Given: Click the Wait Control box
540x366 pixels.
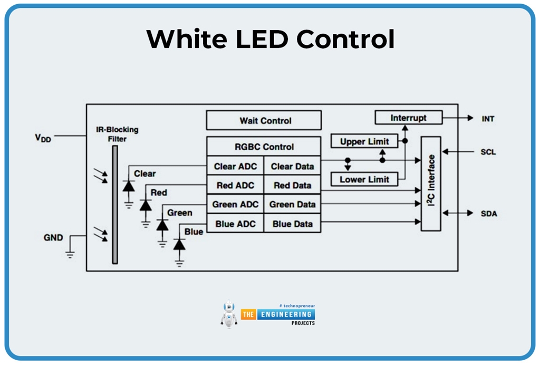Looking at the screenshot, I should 264,120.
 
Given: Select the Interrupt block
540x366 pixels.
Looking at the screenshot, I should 408,118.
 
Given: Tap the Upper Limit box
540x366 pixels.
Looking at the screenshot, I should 364,141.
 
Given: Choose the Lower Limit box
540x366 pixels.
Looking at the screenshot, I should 364,179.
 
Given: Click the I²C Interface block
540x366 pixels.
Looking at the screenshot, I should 431,183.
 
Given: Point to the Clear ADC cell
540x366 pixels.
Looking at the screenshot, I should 235,166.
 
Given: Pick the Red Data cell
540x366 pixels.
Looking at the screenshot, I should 292,185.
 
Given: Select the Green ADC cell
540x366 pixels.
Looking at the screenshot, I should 235,204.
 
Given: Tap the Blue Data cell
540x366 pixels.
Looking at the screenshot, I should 292,224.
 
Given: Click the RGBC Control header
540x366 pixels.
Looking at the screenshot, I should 264,147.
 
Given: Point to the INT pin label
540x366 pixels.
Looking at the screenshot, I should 488,119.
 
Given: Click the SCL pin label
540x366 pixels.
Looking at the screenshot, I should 488,152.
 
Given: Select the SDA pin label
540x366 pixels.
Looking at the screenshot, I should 488,214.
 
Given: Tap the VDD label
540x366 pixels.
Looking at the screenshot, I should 43,138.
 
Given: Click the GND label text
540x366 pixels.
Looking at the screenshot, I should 53,238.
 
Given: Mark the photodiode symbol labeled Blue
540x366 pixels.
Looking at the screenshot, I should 179,244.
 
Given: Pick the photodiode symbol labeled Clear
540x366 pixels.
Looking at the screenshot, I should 128,186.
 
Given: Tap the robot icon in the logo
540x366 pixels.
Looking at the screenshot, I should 229,314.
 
